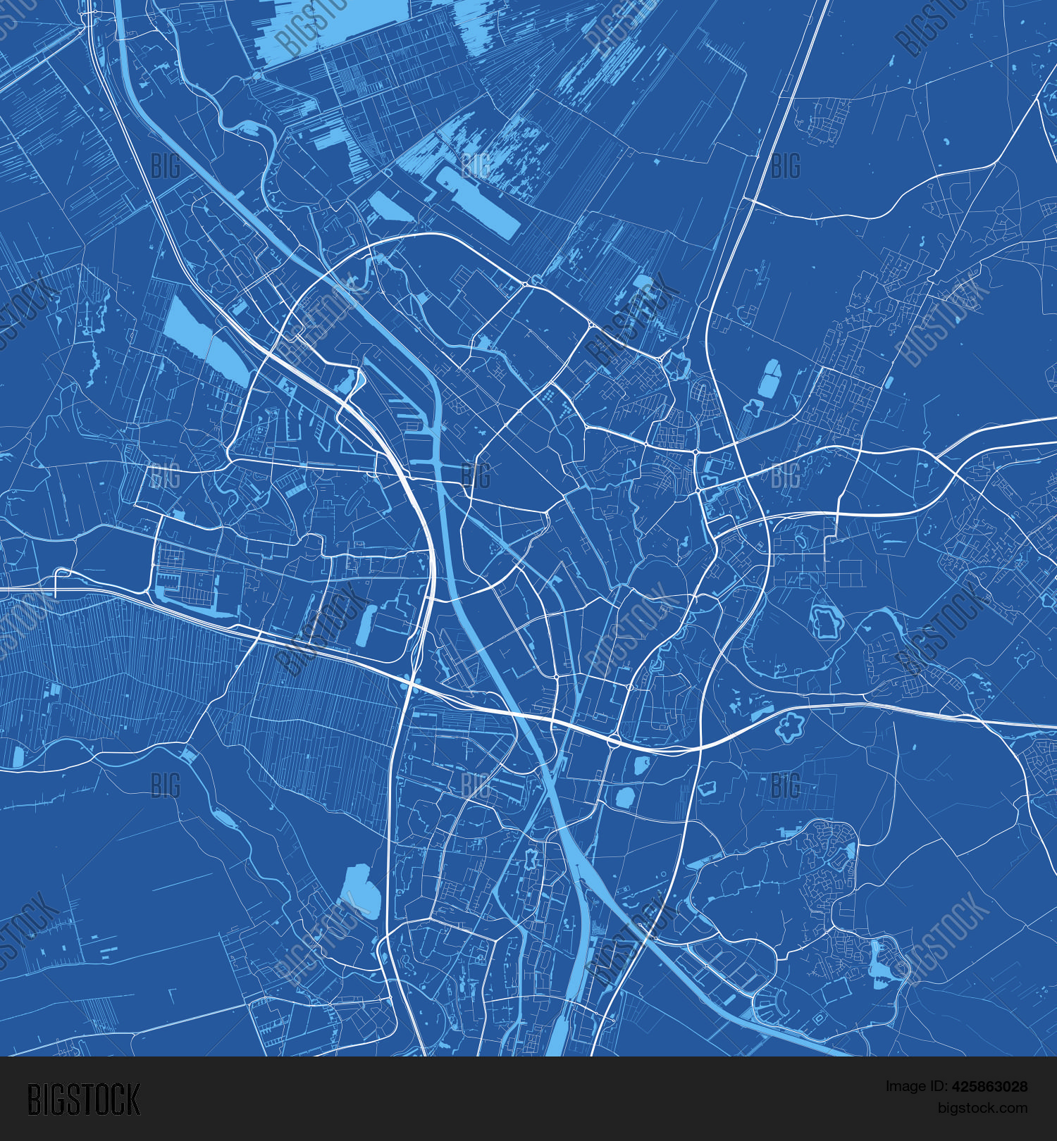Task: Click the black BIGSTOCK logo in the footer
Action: pyautogui.click(x=84, y=1099)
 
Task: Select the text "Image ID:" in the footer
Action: pyautogui.click(x=913, y=1087)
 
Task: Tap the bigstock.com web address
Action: pyautogui.click(x=982, y=1108)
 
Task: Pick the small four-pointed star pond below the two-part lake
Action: pyautogui.click(x=753, y=407)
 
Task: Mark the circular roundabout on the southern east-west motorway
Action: pyautogui.click(x=614, y=740)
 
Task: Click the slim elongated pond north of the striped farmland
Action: pyautogui.click(x=364, y=625)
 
